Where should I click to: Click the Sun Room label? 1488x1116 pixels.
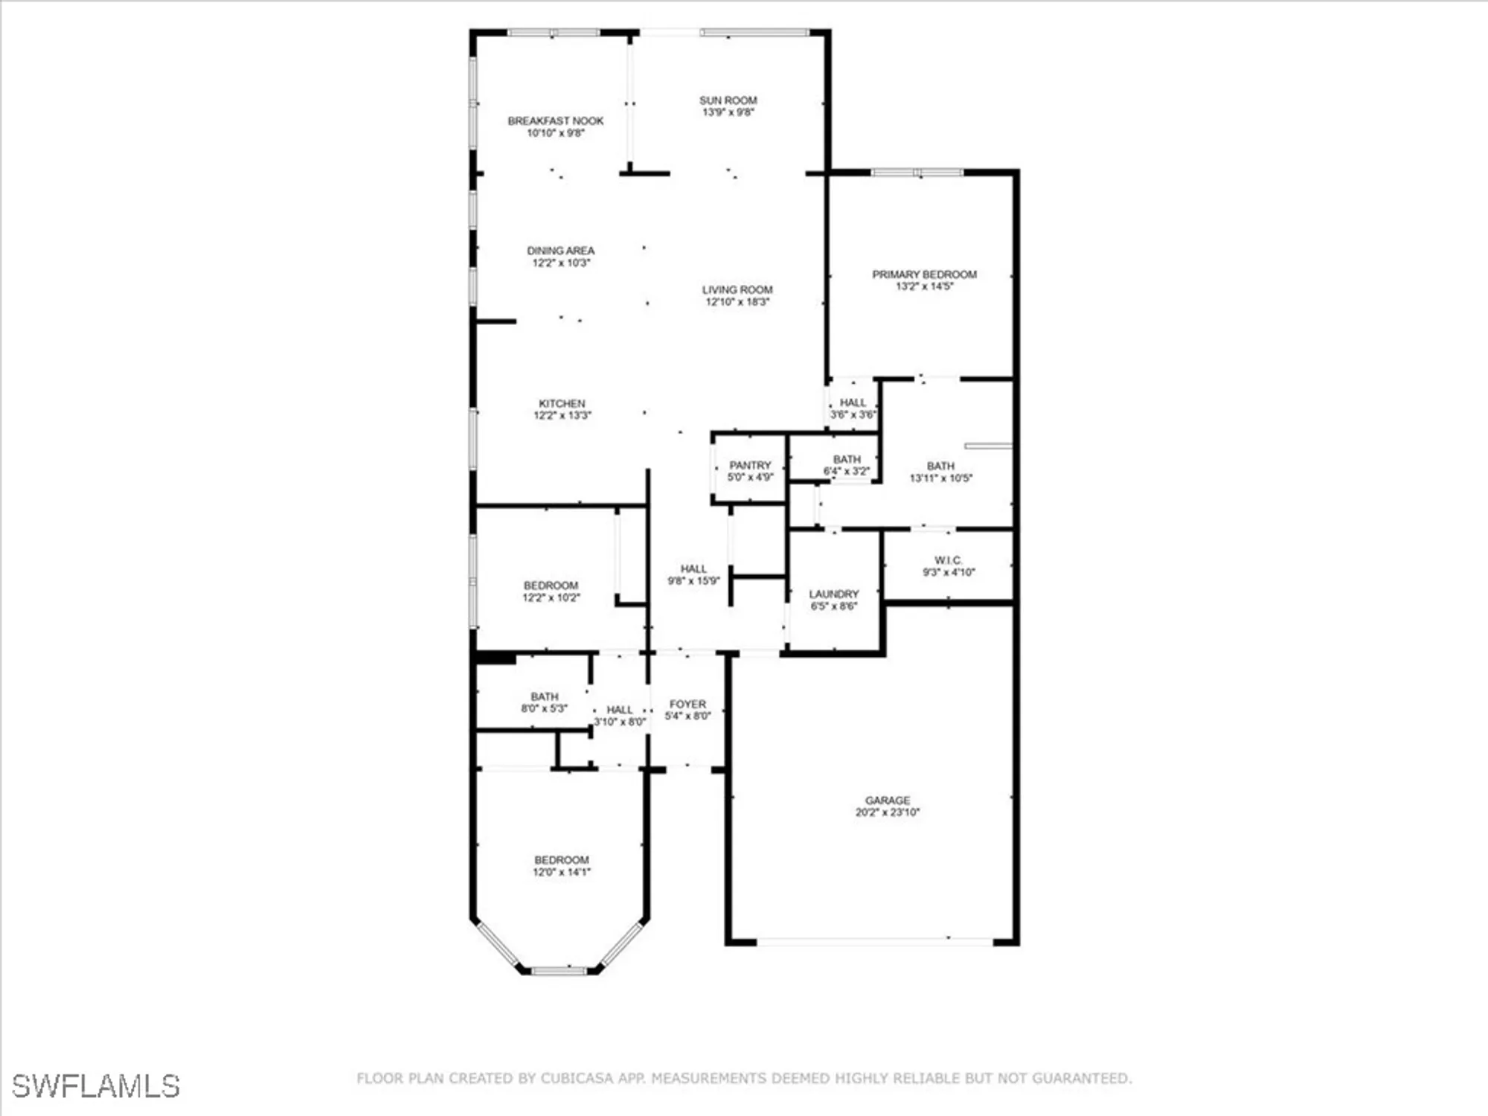(728, 100)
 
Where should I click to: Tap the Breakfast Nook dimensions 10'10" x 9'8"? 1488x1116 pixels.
(556, 133)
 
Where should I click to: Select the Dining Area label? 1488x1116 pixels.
(560, 251)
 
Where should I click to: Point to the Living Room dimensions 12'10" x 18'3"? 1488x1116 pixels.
(737, 302)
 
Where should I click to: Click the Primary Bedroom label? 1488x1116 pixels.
(924, 275)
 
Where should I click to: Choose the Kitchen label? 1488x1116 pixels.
(562, 403)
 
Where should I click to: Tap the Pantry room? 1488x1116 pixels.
(750, 470)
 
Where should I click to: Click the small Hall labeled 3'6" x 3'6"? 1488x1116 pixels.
(853, 408)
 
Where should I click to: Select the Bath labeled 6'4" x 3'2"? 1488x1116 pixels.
(847, 465)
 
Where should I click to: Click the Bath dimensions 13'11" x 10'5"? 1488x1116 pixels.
(940, 478)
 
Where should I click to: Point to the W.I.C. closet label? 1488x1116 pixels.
(948, 560)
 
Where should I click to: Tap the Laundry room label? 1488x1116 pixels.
(833, 594)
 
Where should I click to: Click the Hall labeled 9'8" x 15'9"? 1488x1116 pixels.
(693, 574)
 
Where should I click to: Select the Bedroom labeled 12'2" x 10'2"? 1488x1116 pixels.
(551, 591)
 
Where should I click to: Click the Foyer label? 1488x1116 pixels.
(687, 704)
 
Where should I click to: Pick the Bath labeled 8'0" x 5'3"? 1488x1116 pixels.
(545, 702)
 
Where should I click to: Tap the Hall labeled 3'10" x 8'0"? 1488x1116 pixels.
(619, 716)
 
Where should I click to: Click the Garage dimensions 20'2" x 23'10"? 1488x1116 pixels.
(887, 812)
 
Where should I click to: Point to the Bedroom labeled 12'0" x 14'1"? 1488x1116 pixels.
(561, 865)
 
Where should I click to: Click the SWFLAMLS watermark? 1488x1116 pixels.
(95, 1086)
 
